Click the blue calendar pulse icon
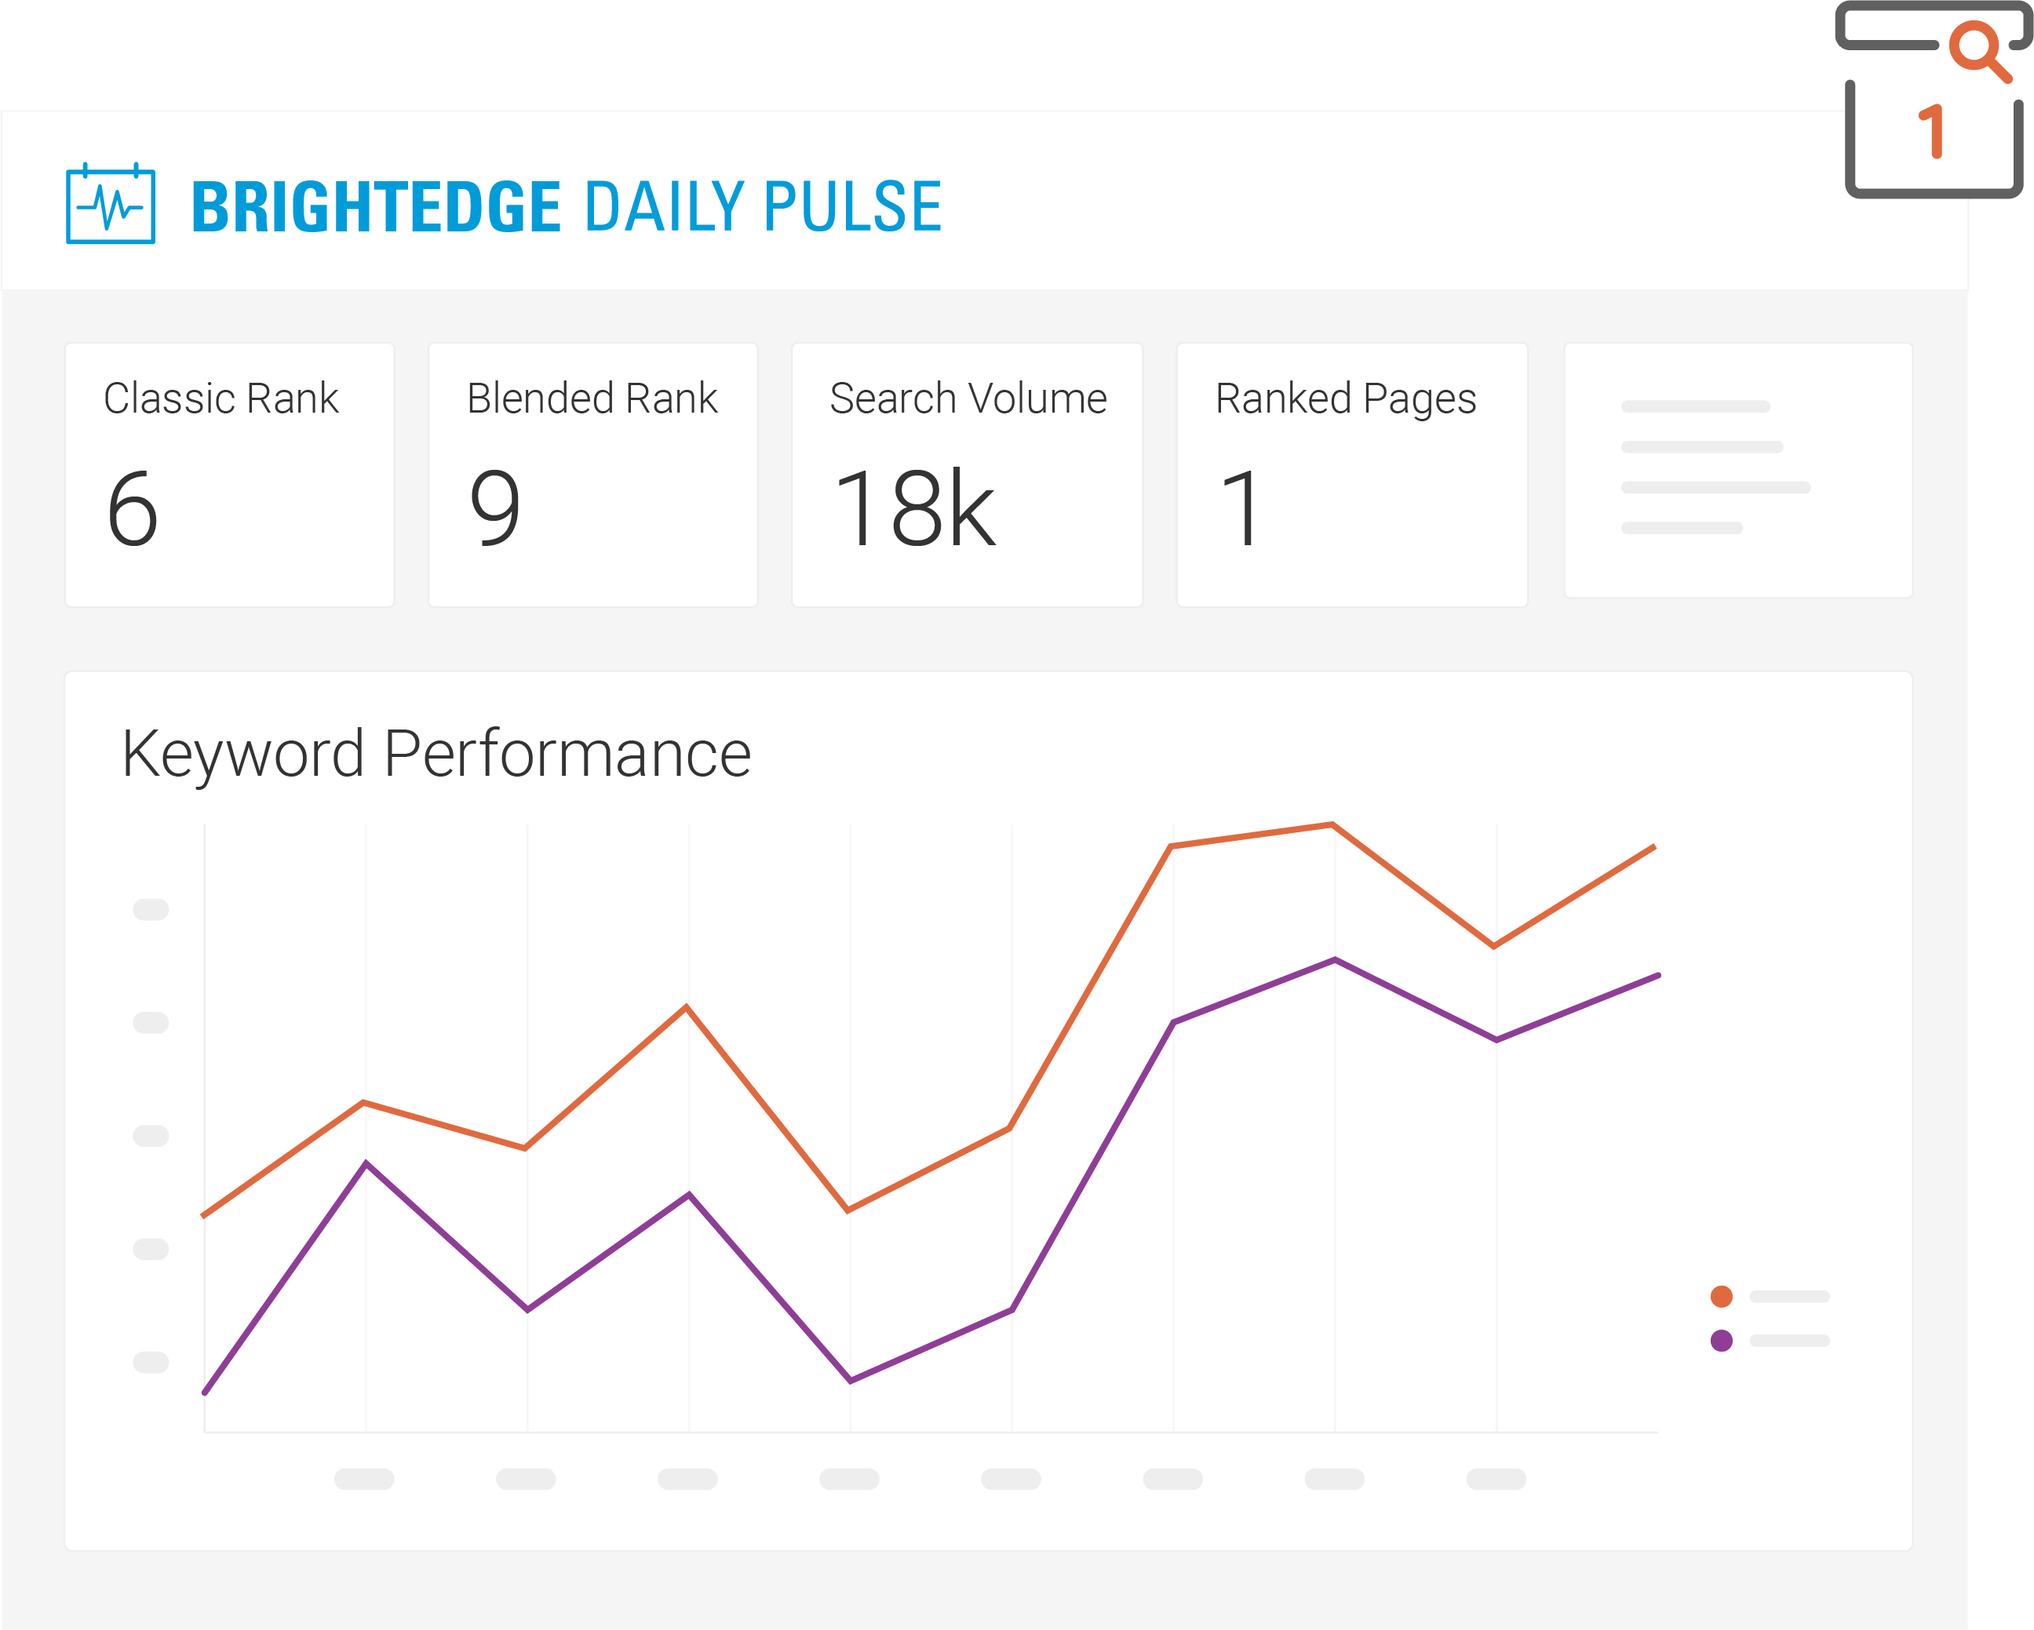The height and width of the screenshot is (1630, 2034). tap(111, 204)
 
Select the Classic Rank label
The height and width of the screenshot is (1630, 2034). tap(221, 398)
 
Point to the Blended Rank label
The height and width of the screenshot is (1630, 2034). tap(592, 398)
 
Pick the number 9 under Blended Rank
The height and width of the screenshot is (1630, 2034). tap(495, 508)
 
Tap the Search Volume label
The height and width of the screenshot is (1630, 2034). tap(968, 398)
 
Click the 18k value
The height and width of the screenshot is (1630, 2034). tap(914, 508)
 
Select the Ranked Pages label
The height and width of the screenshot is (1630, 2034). tap(1345, 398)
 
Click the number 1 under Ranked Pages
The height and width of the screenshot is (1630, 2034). tap(1241, 508)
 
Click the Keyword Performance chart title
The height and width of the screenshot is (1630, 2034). tap(436, 754)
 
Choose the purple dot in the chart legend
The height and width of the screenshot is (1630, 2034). tap(1721, 1341)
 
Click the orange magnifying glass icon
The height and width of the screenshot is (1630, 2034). tap(1979, 49)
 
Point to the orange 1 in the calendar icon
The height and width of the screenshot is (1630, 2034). tap(1932, 131)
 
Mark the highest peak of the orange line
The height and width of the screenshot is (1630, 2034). tap(1332, 824)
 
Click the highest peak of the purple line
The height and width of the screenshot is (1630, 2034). tap(1335, 959)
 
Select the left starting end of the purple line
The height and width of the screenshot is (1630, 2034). tap(206, 1392)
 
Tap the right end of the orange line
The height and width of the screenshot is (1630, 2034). tap(1654, 847)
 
